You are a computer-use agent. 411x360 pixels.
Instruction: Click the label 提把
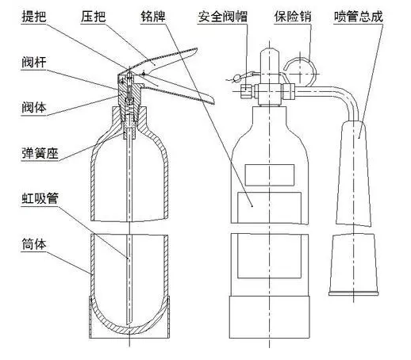coord(34,17)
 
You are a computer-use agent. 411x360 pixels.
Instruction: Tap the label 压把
coord(93,17)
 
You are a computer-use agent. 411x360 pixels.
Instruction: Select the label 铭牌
coord(153,17)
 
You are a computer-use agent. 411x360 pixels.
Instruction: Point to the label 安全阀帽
coord(223,17)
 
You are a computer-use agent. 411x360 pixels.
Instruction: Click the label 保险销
coord(293,17)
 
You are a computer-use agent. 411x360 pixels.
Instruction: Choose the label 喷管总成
coord(359,17)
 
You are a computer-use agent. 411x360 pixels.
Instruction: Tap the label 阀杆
coord(34,62)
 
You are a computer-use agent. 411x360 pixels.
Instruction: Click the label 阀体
coord(34,107)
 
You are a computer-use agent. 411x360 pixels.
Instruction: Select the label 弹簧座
coord(40,153)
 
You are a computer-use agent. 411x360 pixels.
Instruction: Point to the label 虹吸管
coord(40,198)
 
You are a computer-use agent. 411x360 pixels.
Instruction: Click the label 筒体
coord(34,244)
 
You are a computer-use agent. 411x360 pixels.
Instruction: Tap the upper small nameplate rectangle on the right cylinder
coord(270,174)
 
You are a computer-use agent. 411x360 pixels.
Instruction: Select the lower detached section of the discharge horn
coord(354,264)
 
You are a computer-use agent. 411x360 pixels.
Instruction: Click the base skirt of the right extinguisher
coord(269,317)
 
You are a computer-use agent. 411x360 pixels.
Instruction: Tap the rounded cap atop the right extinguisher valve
coord(270,61)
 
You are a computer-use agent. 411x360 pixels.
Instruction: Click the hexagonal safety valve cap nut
coord(248,90)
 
